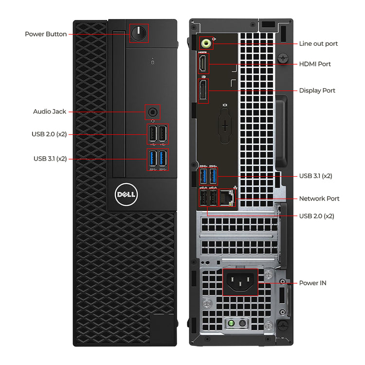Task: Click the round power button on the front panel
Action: (x=139, y=34)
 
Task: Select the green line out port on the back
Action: (x=207, y=43)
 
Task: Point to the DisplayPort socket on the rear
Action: (x=203, y=91)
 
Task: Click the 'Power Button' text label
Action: (x=46, y=34)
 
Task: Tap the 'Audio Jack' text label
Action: (x=50, y=111)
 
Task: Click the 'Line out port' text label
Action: (x=318, y=44)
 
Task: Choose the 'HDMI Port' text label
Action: (x=315, y=64)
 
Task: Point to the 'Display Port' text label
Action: (x=317, y=91)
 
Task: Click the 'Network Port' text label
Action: (x=319, y=199)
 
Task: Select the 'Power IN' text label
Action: (x=313, y=283)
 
